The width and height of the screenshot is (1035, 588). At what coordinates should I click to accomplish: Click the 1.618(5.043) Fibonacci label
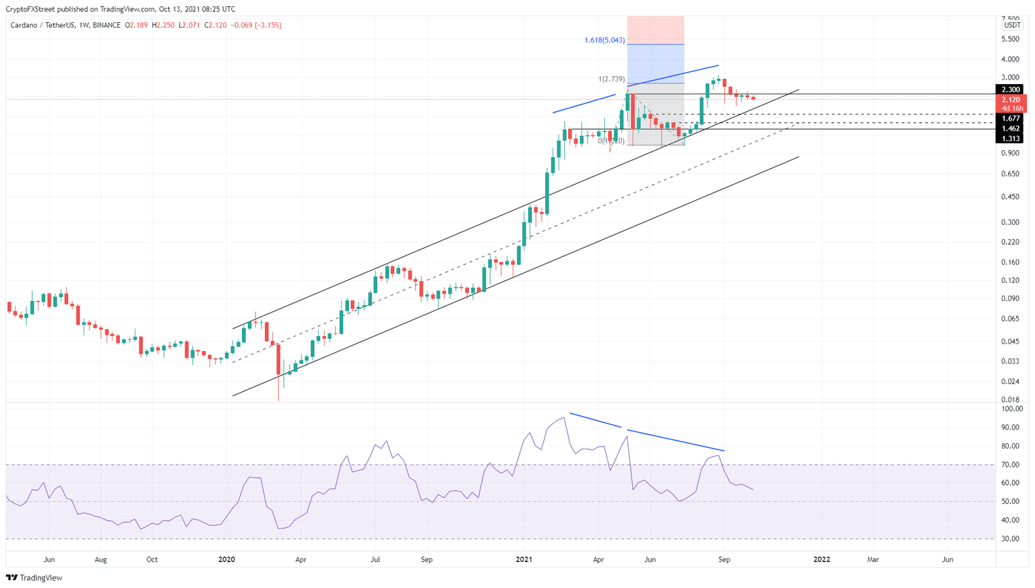[x=604, y=40]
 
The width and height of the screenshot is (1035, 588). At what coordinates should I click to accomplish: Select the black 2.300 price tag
[x=1009, y=90]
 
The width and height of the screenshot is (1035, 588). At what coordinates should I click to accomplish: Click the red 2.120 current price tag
[x=1009, y=100]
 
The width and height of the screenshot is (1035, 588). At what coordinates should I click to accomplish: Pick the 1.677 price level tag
[x=1009, y=119]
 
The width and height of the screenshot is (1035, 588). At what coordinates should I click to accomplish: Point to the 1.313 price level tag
[x=1009, y=139]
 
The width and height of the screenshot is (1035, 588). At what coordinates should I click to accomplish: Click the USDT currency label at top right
[x=1011, y=26]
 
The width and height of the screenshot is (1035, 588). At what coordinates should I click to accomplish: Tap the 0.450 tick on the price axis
[x=1011, y=197]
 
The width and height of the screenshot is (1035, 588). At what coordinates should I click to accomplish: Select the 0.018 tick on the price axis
[x=1011, y=399]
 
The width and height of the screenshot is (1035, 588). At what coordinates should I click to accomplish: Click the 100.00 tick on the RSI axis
[x=1012, y=409]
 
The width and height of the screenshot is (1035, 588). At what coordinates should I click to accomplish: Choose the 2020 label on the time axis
[x=227, y=560]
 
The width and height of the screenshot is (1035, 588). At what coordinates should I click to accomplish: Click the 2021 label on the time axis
[x=524, y=560]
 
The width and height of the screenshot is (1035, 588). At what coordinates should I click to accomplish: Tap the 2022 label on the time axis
[x=821, y=560]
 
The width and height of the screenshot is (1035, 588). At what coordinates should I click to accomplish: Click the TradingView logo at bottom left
[x=34, y=578]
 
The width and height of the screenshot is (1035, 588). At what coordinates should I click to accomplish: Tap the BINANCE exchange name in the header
[x=106, y=26]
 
